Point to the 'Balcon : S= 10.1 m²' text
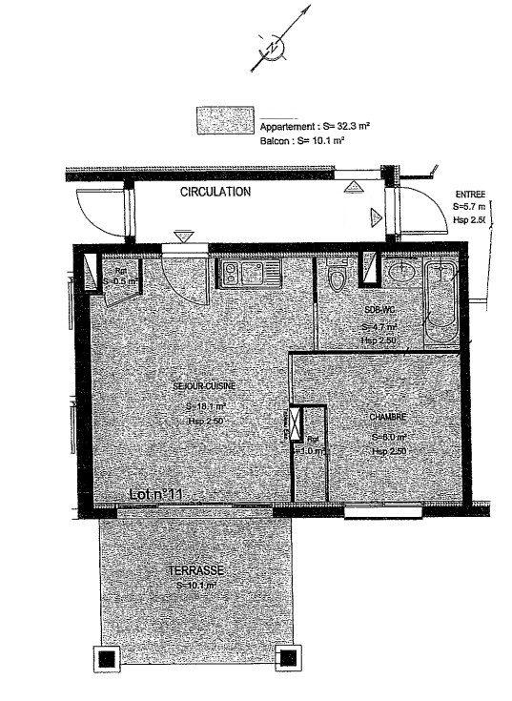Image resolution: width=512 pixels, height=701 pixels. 301,139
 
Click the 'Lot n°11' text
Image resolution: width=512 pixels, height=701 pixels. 155,494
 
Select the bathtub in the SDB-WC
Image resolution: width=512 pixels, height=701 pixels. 440,302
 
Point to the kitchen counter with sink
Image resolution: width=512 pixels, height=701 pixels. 247,275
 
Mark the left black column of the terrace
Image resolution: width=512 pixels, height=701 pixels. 106,658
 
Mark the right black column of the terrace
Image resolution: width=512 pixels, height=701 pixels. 286,658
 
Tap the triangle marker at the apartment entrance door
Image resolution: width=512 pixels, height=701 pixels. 182,236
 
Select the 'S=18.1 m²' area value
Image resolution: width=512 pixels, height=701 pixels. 204,405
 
